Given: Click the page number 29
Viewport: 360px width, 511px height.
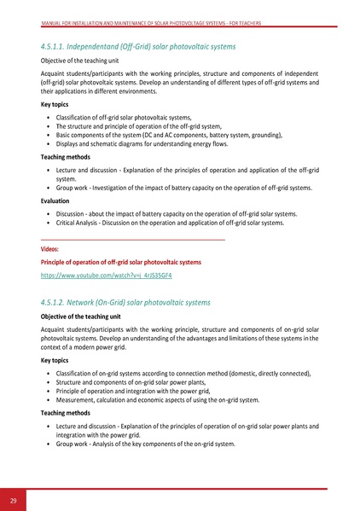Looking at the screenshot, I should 14,498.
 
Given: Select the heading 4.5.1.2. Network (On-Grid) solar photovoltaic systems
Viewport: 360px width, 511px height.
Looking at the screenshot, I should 125,303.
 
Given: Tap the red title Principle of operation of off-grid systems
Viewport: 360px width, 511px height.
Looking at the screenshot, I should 121,262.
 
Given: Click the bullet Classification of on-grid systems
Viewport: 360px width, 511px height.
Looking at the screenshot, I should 183,374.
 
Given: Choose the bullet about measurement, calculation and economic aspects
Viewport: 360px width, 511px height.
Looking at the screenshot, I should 157,399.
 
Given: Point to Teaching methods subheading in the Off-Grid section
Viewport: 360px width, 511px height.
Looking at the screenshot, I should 67,157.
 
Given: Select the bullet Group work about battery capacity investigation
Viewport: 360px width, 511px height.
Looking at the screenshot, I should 183,188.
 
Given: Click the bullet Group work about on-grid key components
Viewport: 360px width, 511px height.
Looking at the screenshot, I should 145,444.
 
